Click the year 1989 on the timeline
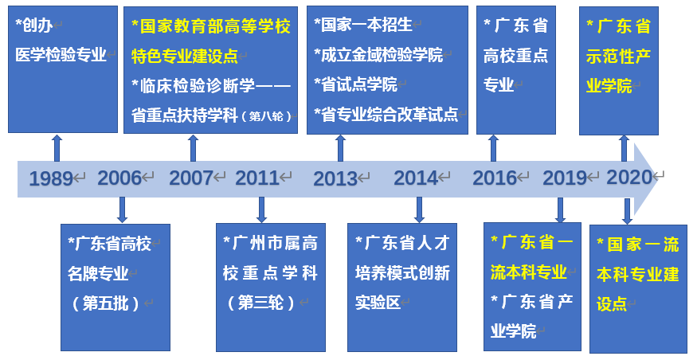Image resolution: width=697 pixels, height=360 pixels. [51, 178]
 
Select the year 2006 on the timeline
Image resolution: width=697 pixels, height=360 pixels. [119, 178]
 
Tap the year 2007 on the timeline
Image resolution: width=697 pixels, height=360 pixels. [190, 178]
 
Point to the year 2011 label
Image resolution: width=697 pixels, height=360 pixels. [257, 178]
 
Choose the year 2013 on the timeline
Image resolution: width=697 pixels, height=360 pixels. [335, 178]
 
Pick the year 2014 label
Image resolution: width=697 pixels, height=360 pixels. [416, 178]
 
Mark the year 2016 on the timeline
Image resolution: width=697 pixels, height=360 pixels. [495, 178]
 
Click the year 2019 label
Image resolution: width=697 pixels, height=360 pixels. [565, 178]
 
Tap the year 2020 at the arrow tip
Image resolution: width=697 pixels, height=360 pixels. [629, 178]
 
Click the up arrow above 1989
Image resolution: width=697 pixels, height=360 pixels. [57, 147]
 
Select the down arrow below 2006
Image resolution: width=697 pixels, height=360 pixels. [122, 209]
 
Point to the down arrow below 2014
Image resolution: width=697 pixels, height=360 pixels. [419, 209]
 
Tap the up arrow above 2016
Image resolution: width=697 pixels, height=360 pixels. [493, 147]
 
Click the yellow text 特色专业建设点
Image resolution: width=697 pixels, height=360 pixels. [185, 57]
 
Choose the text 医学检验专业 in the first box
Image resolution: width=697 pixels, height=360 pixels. [61, 55]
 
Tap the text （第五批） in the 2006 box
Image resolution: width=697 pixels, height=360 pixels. [105, 304]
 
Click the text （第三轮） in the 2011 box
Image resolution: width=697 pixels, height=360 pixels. [260, 303]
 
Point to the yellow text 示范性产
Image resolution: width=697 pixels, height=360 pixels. [618, 57]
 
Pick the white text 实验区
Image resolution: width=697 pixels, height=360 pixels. [378, 303]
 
